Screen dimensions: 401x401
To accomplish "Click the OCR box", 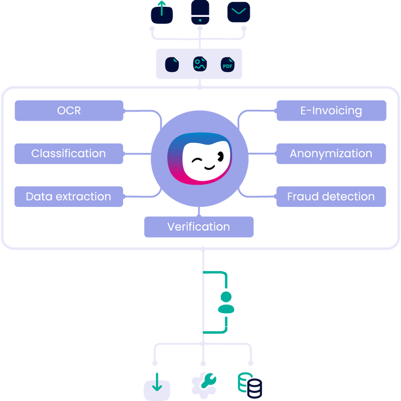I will (x=69, y=111).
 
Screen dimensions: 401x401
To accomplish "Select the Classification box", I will (x=69, y=154).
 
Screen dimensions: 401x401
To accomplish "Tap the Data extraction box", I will (x=69, y=196).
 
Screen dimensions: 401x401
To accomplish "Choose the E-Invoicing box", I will (x=331, y=111).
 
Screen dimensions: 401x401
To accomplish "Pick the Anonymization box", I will (x=331, y=154).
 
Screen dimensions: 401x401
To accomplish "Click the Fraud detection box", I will (x=331, y=196).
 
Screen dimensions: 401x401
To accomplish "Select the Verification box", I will (x=199, y=227).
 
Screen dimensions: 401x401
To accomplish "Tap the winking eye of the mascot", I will (x=196, y=160).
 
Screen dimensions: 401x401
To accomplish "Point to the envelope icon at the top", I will (x=239, y=12).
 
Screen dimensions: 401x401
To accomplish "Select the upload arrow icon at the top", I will (x=162, y=12).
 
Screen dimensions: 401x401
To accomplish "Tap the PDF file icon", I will (x=227, y=65).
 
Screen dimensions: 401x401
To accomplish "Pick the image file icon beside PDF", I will (x=200, y=64).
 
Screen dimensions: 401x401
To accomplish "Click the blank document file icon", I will (x=172, y=64).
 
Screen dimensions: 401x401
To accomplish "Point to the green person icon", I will (x=226, y=303).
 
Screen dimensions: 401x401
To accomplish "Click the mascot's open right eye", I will (x=221, y=156).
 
